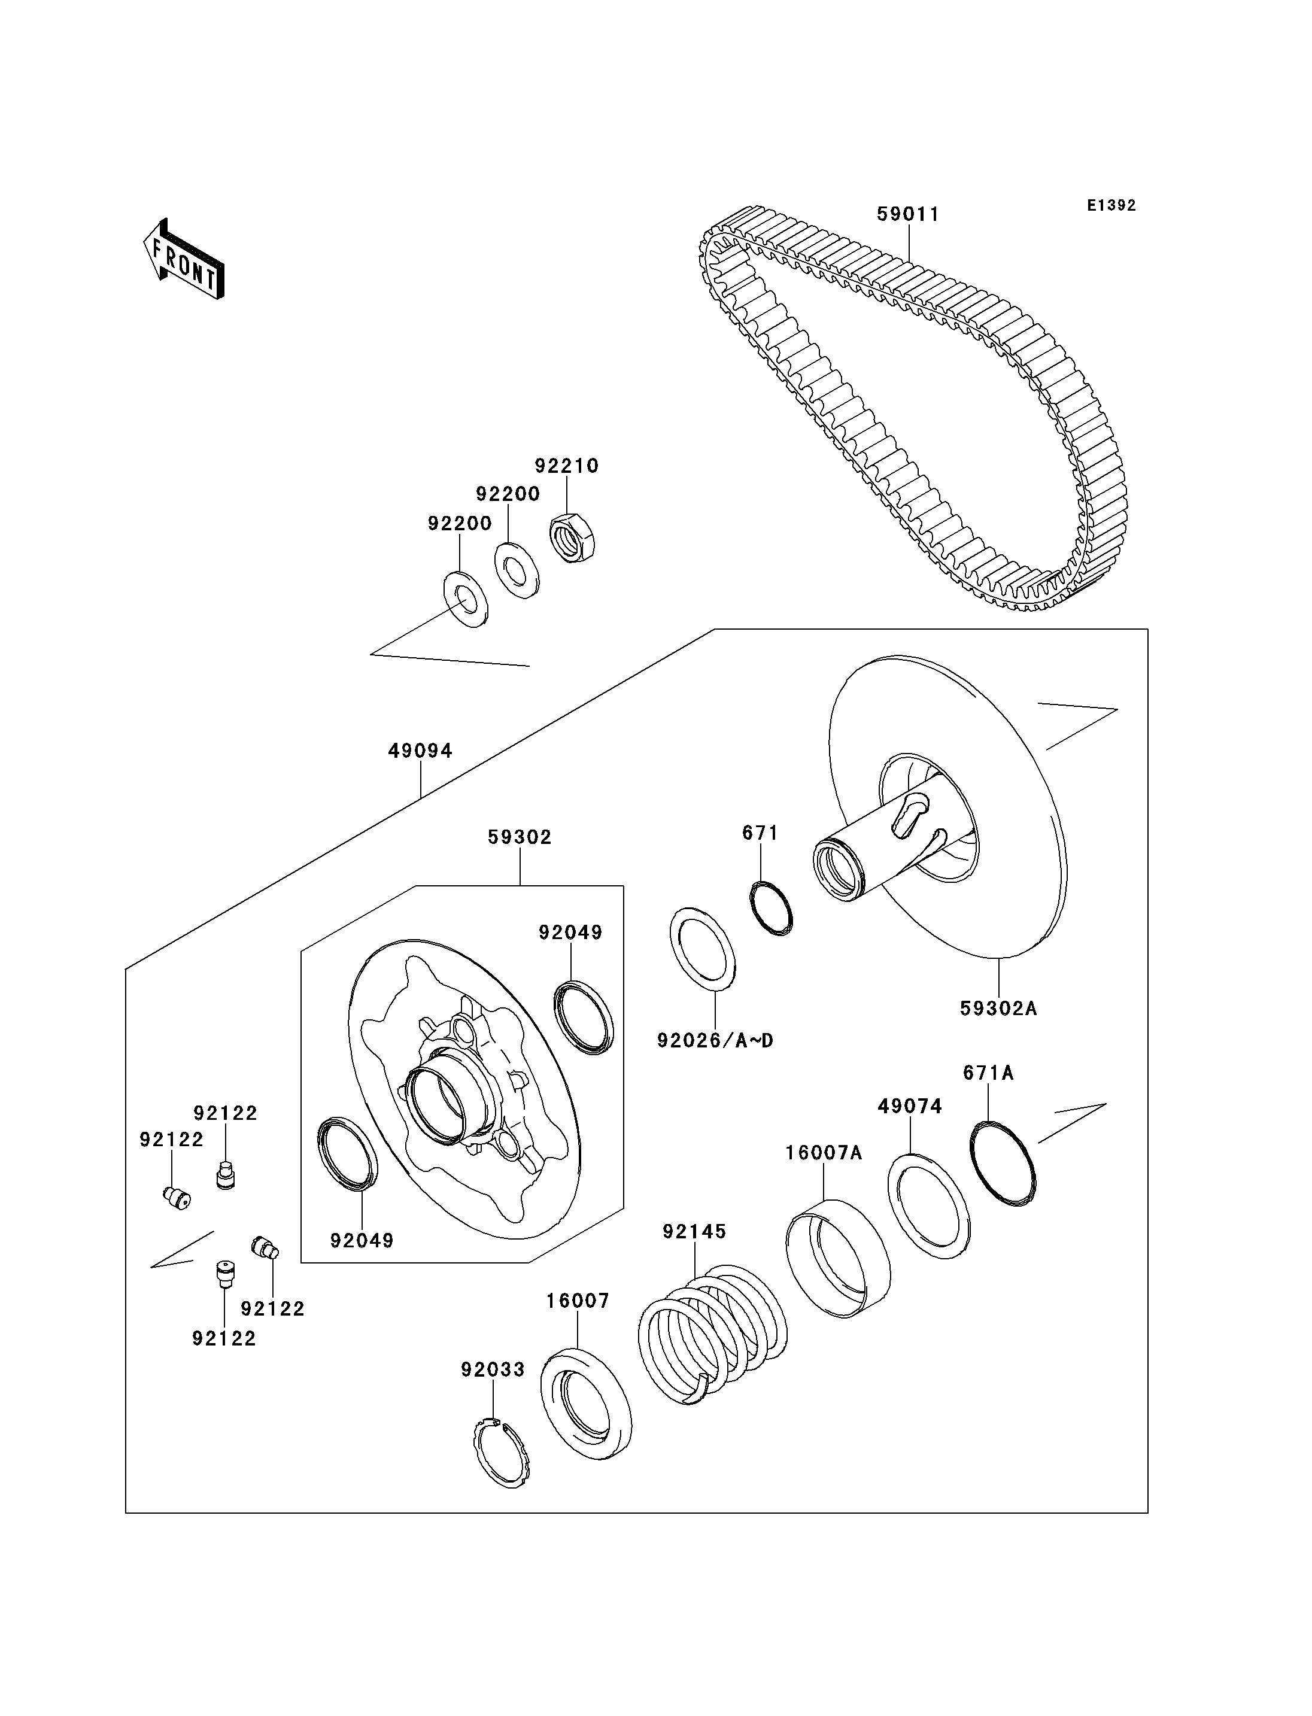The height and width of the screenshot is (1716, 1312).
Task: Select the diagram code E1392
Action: coord(1111,205)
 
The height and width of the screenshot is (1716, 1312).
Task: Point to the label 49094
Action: coord(420,751)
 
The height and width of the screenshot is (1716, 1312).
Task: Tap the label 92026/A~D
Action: coord(715,1040)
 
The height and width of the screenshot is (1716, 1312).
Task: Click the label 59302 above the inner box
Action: coord(520,837)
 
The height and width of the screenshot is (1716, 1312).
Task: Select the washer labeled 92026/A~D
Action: coord(703,949)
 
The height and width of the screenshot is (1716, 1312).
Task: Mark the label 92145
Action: coord(694,1232)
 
